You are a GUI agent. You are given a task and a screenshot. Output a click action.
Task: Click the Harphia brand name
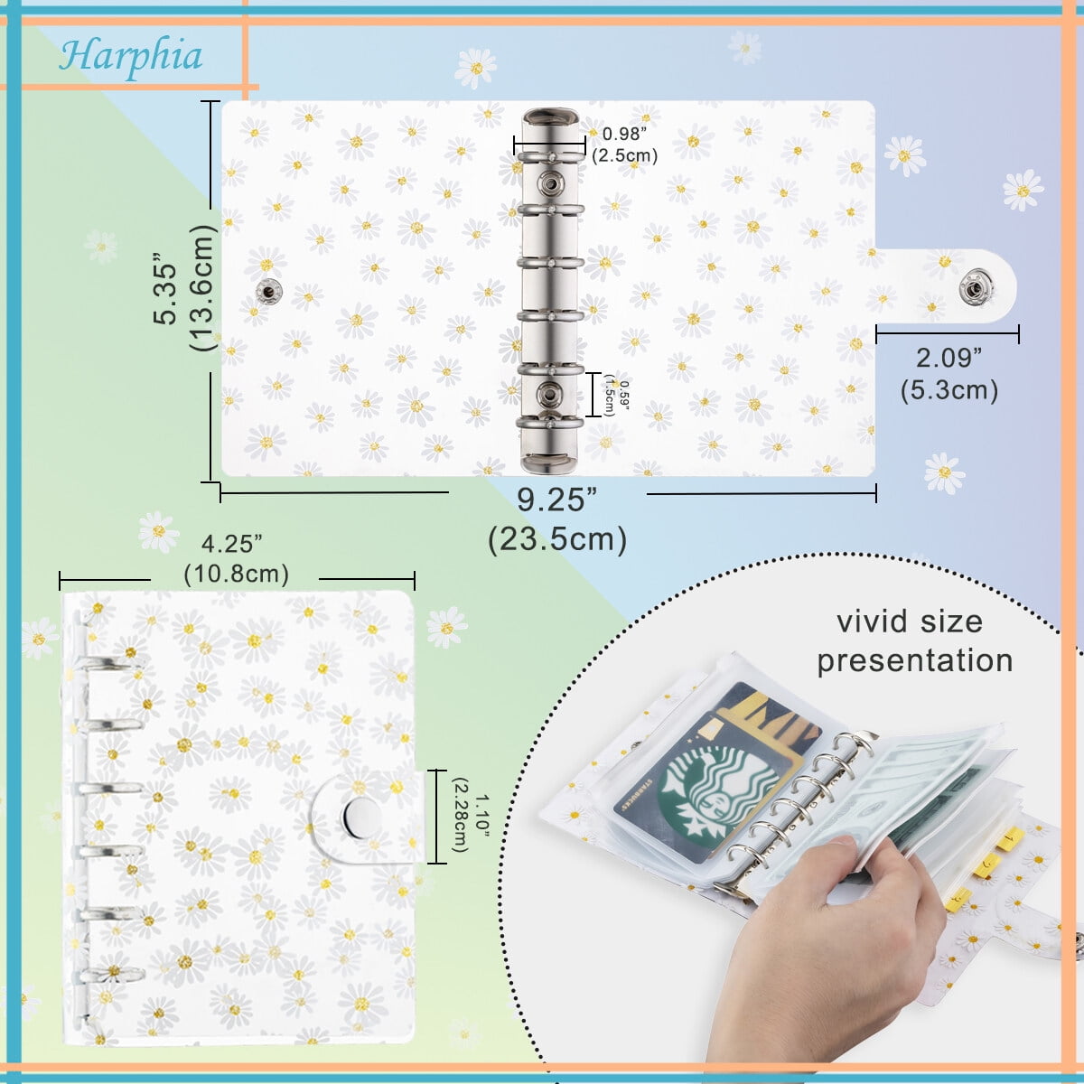click(x=131, y=56)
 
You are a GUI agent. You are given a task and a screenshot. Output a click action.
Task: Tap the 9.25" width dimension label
click(x=556, y=500)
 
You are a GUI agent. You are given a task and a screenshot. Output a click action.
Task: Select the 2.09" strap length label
click(x=948, y=359)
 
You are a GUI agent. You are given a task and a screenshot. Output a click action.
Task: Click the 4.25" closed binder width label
click(x=232, y=544)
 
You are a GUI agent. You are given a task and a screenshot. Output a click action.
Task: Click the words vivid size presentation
click(x=913, y=640)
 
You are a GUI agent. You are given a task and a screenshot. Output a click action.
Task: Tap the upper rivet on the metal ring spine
click(x=548, y=184)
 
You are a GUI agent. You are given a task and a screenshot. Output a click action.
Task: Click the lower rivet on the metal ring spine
click(x=548, y=393)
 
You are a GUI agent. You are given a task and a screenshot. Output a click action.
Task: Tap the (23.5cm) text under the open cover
click(x=556, y=539)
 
